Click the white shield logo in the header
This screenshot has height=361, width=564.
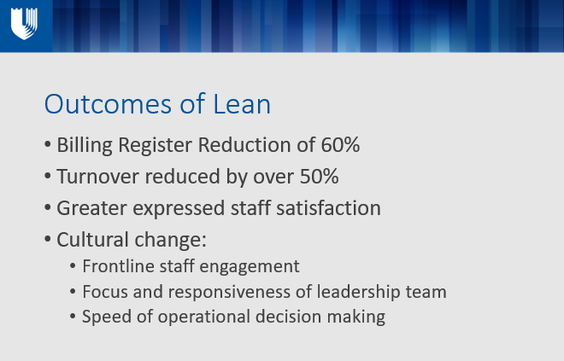(x=24, y=24)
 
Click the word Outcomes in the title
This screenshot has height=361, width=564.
(x=108, y=104)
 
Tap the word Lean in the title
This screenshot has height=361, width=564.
(x=242, y=104)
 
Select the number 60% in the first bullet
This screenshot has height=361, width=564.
(x=340, y=145)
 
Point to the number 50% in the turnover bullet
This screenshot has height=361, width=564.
(x=320, y=177)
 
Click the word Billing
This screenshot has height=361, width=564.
(x=85, y=146)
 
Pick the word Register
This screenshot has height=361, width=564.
(x=155, y=146)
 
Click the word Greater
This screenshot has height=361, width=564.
(x=91, y=208)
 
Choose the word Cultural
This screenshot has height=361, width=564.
(x=92, y=240)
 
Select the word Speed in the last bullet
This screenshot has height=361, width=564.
(x=107, y=317)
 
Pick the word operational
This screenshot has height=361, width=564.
(x=204, y=317)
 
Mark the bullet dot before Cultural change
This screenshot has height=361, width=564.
(x=48, y=239)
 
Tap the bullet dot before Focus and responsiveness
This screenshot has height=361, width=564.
(x=73, y=292)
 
